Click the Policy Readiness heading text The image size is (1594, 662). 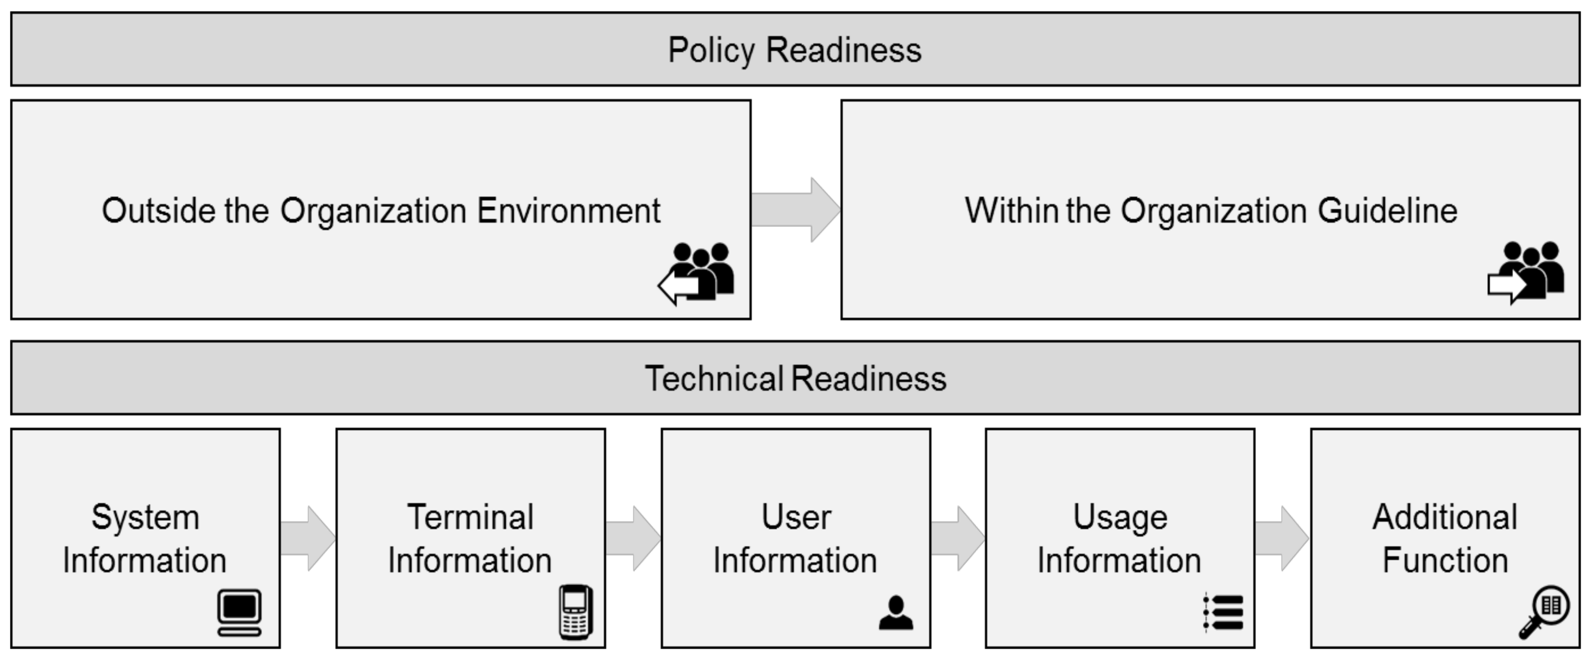[x=794, y=50]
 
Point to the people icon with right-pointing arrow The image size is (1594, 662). [x=1527, y=272]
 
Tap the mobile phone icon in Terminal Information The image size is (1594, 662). [x=575, y=612]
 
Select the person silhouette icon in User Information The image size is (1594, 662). [x=895, y=613]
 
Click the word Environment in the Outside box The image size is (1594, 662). [x=569, y=211]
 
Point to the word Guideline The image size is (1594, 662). [x=1387, y=211]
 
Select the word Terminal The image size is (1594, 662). [x=470, y=517]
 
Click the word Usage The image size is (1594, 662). [x=1120, y=517]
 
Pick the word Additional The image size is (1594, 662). [x=1445, y=517]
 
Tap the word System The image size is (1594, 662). [x=145, y=517]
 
